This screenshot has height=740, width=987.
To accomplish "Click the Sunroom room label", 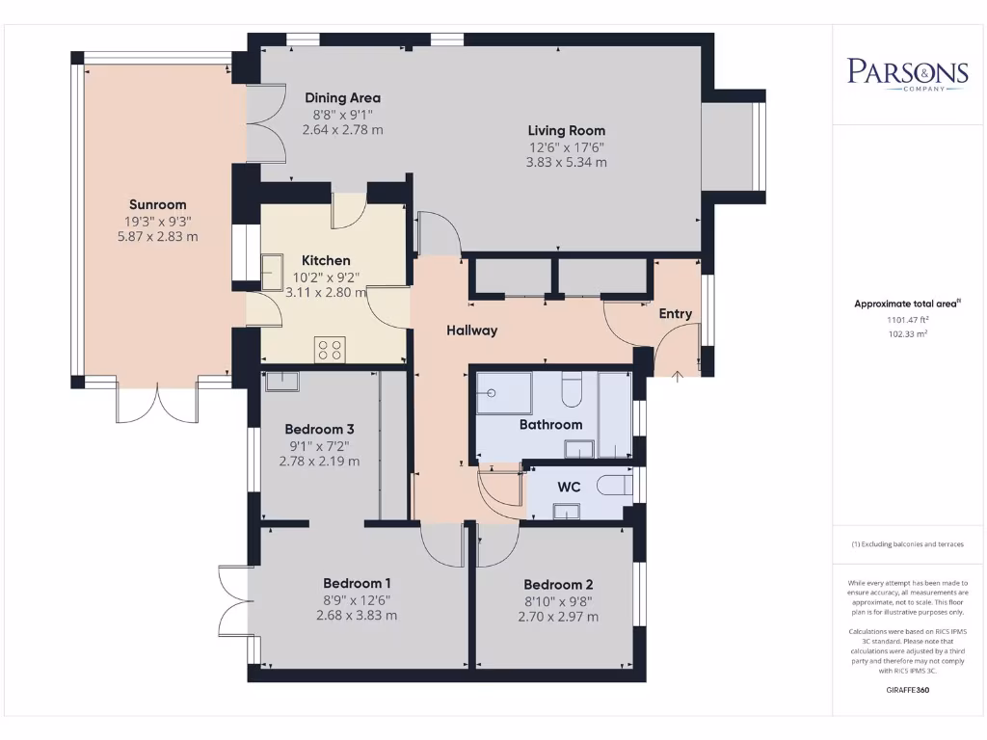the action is point(157,204).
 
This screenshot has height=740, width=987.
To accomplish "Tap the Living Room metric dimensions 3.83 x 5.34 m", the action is point(567,162).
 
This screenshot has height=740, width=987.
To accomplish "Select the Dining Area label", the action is point(342,97).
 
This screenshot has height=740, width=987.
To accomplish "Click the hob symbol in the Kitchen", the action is point(330,350).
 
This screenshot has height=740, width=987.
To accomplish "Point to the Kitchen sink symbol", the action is point(273,272).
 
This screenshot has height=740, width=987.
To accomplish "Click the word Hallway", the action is point(472,330).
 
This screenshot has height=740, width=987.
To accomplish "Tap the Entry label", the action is point(676,313).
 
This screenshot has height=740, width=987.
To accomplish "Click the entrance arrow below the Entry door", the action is point(678,377).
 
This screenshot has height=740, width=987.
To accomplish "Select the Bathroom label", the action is point(550,425).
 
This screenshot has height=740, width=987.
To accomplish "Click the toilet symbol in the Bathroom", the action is point(573,390).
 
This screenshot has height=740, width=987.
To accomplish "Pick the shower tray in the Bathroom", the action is point(504,393).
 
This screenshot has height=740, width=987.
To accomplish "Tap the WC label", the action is point(569,487).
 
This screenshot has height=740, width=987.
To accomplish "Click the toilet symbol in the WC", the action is point(614,486).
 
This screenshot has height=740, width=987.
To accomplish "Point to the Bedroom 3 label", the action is point(319,429).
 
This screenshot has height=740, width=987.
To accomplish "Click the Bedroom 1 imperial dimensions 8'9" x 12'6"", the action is point(357,600).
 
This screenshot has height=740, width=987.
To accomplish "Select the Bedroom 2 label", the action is point(558,585).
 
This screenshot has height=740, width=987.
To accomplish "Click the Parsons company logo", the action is point(908,74).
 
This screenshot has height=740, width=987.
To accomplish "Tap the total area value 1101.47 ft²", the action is point(908,320).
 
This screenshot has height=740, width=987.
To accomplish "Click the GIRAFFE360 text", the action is point(908,690).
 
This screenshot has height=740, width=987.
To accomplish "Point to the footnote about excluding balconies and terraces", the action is point(908,544).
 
